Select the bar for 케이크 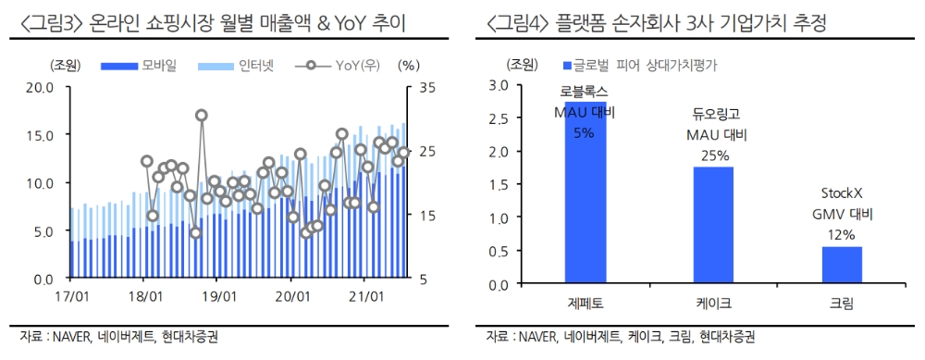pos(713,222)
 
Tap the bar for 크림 pos(842,262)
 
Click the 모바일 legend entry pos(143,65)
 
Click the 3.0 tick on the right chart pos(524,85)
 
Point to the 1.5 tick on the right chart pos(524,183)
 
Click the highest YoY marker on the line pos(202,116)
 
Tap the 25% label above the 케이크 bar pos(713,155)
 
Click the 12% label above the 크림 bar pos(842,235)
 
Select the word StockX pos(842,194)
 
